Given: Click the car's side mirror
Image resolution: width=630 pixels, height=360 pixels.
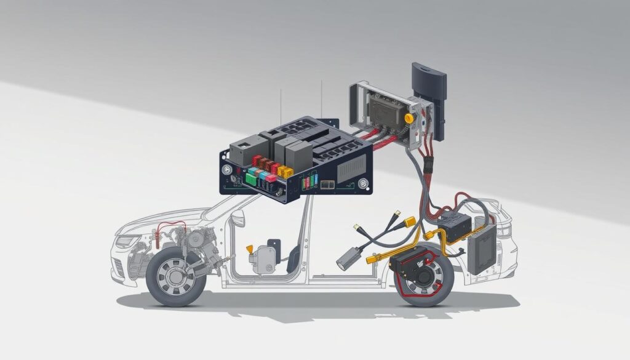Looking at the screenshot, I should (237, 218).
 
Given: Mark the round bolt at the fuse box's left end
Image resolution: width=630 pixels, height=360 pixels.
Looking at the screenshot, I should (227, 169).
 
